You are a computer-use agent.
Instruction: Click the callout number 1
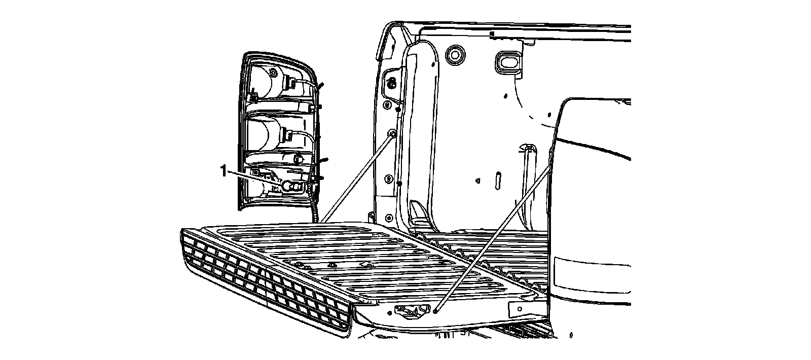point(223,171)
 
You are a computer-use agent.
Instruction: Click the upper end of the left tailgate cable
point(392,134)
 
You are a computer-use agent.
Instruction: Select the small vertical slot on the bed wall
point(498,180)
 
